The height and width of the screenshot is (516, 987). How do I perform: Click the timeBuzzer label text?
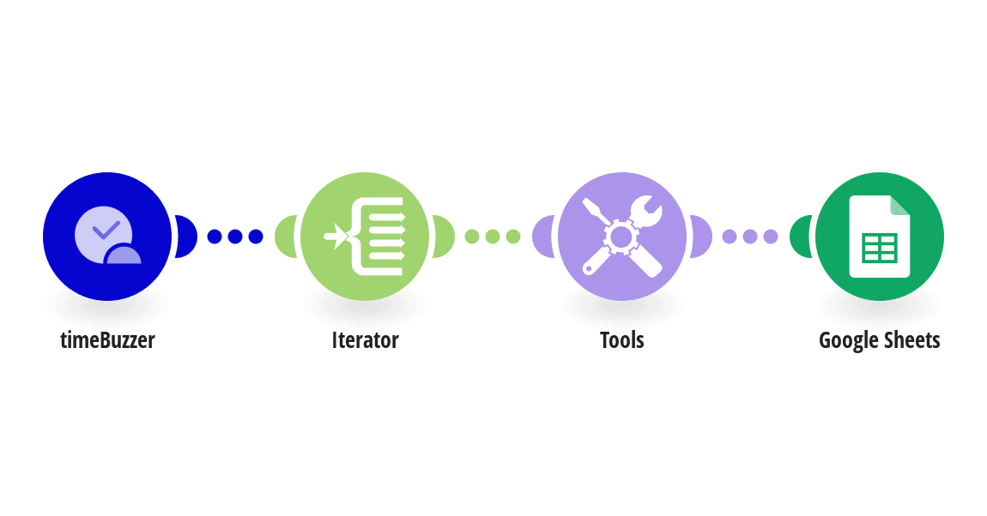click(x=107, y=340)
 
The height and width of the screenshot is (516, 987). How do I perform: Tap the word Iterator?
click(x=365, y=340)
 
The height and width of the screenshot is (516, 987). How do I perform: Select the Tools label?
click(x=622, y=340)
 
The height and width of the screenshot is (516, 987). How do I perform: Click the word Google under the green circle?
click(x=847, y=341)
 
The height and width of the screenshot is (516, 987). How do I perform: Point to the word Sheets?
click(x=911, y=340)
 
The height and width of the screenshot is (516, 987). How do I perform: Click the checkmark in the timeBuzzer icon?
click(x=106, y=230)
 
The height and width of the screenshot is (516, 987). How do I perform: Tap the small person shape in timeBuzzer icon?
click(x=124, y=254)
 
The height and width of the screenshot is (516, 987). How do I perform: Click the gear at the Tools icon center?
click(x=621, y=237)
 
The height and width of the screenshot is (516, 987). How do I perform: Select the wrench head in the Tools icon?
click(x=646, y=211)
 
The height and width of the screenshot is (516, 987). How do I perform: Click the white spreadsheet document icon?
click(x=880, y=237)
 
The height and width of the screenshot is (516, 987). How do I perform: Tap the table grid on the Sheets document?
click(x=880, y=249)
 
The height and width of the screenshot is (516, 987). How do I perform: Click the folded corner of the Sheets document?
click(x=900, y=205)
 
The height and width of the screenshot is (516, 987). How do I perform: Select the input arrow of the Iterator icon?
click(x=336, y=237)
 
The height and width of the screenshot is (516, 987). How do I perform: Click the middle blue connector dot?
click(x=235, y=237)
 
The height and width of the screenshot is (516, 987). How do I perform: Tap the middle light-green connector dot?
click(x=493, y=237)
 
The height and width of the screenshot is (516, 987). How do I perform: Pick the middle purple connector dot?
click(x=750, y=237)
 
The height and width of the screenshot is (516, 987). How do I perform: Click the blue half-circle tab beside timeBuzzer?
click(x=186, y=237)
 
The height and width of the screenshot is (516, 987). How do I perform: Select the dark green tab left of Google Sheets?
click(x=801, y=237)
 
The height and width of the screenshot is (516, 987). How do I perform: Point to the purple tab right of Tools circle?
click(x=701, y=237)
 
